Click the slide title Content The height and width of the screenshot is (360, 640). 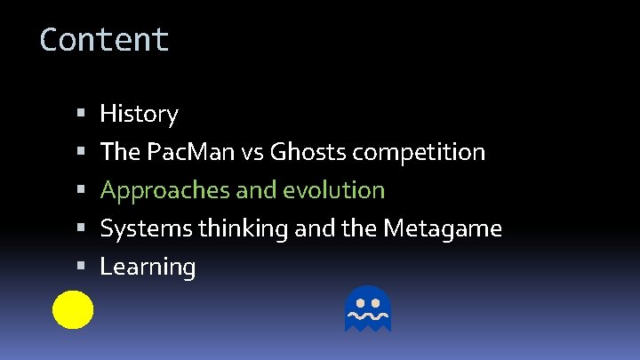click(x=104, y=40)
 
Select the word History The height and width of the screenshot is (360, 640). click(x=139, y=114)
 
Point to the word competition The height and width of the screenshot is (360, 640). click(x=419, y=152)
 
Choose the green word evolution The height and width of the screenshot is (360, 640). click(x=340, y=190)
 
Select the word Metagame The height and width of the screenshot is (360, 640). click(x=443, y=228)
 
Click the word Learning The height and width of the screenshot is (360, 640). click(x=148, y=267)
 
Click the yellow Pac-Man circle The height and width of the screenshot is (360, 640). click(x=73, y=309)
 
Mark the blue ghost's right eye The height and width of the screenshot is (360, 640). click(x=376, y=301)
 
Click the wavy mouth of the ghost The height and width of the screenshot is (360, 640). click(x=368, y=316)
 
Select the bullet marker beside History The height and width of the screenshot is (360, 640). click(x=80, y=115)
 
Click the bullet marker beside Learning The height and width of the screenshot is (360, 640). click(x=80, y=267)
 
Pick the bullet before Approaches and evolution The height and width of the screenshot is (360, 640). click(x=80, y=191)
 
